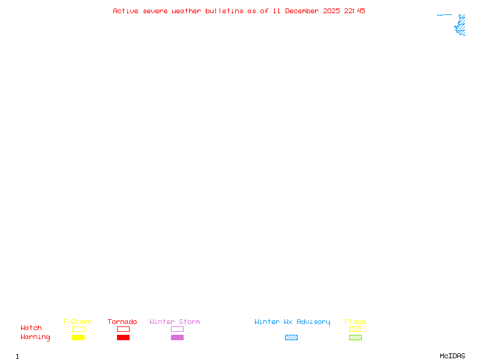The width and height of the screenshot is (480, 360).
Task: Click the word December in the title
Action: pyautogui.click(x=302, y=11)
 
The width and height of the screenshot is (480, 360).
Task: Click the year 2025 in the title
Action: pyautogui.click(x=331, y=11)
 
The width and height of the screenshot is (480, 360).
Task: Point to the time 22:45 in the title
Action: pyautogui.click(x=355, y=11)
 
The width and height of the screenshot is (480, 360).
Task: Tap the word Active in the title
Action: pyautogui.click(x=125, y=11)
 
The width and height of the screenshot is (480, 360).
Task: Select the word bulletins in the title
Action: pyautogui.click(x=224, y=11)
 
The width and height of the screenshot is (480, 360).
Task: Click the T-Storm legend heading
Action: pyautogui.click(x=77, y=322)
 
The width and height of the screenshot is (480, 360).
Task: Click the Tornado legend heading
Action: pyautogui.click(x=122, y=322)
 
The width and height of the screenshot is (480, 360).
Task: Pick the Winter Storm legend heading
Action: pyautogui.click(x=175, y=322)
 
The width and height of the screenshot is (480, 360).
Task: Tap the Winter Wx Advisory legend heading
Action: pyautogui.click(x=292, y=322)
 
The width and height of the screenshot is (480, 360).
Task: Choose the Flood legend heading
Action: pyautogui.click(x=355, y=322)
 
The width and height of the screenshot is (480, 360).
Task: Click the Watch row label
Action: pyautogui.click(x=31, y=328)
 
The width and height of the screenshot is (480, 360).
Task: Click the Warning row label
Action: pyautogui.click(x=35, y=337)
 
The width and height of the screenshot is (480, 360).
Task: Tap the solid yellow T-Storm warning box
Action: pyautogui.click(x=79, y=337)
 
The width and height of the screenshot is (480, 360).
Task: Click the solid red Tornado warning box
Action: pyautogui.click(x=124, y=337)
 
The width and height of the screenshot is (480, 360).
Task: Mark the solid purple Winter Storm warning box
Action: pyautogui.click(x=177, y=337)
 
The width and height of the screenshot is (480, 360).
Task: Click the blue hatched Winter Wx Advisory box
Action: pyautogui.click(x=291, y=337)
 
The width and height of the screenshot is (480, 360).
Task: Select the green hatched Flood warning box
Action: pyautogui.click(x=355, y=337)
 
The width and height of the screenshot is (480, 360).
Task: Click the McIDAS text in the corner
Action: pyautogui.click(x=452, y=356)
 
